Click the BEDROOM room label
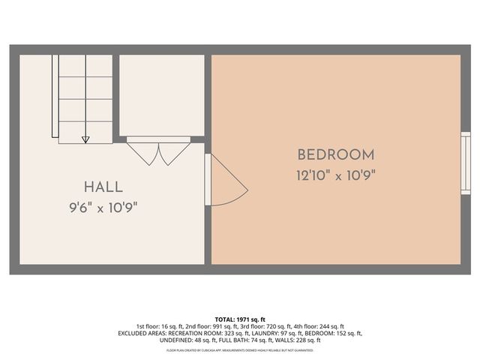click(335, 155)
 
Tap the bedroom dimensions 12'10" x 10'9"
click(335, 176)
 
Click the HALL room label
click(103, 187)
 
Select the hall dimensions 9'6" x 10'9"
click(103, 207)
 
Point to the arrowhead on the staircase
click(85, 139)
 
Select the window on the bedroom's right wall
click(465, 163)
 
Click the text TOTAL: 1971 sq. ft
click(240, 319)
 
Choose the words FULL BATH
click(215, 340)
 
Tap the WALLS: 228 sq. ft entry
click(278, 340)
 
